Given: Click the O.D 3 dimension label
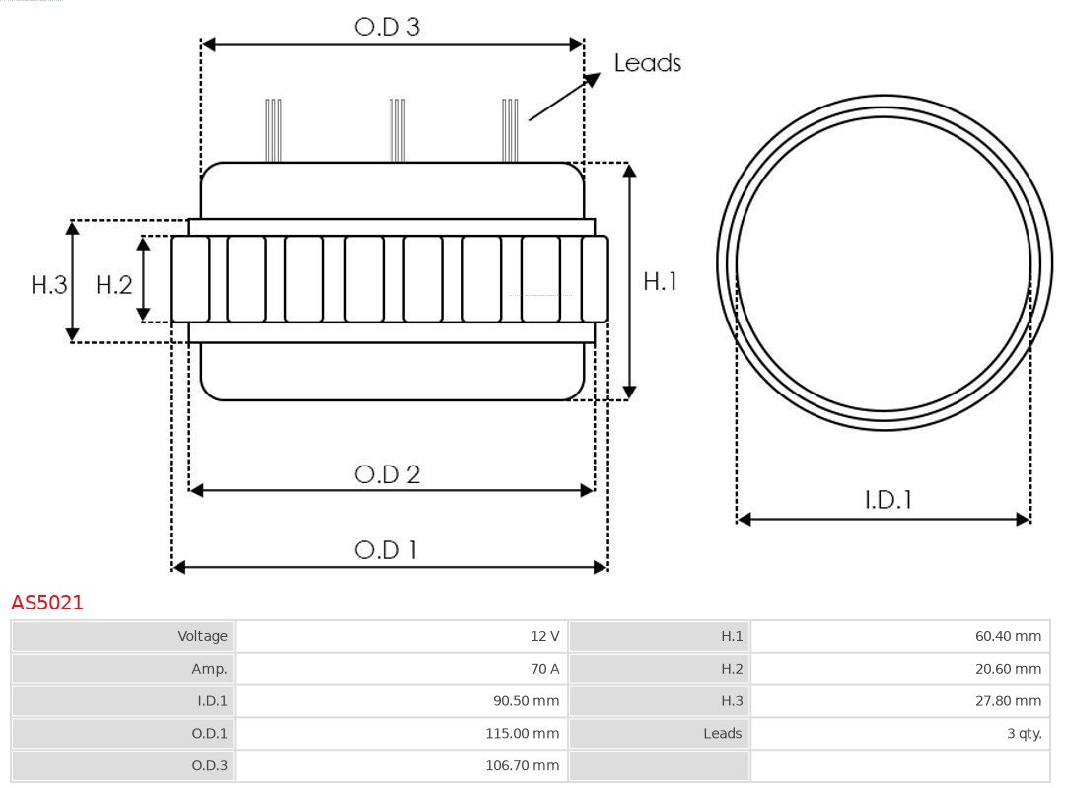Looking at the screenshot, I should (x=387, y=27).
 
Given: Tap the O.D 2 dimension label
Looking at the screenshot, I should (x=387, y=474).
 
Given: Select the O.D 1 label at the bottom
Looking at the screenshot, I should (x=387, y=549).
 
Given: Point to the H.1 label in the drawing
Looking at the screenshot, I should (x=660, y=281).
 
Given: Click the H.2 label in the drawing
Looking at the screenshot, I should (x=113, y=285).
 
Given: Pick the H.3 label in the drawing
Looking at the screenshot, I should (x=48, y=285).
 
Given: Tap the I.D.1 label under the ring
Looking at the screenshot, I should (x=887, y=500).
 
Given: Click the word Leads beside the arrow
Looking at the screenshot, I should (x=647, y=63).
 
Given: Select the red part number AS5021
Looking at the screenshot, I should (x=47, y=603).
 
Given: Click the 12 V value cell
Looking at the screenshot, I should (x=402, y=636).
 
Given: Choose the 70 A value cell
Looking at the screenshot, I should (x=402, y=669).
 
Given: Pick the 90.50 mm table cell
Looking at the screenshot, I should (x=402, y=701).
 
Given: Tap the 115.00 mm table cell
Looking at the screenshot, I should (x=402, y=734).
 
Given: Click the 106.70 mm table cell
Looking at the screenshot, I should (x=402, y=766).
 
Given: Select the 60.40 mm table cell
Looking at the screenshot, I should (x=899, y=636).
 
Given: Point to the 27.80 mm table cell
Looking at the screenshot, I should (x=899, y=701).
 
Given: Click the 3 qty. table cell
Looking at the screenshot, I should (x=899, y=734).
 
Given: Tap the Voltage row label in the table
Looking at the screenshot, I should (x=123, y=636).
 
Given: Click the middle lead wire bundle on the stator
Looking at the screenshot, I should (x=396, y=130).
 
